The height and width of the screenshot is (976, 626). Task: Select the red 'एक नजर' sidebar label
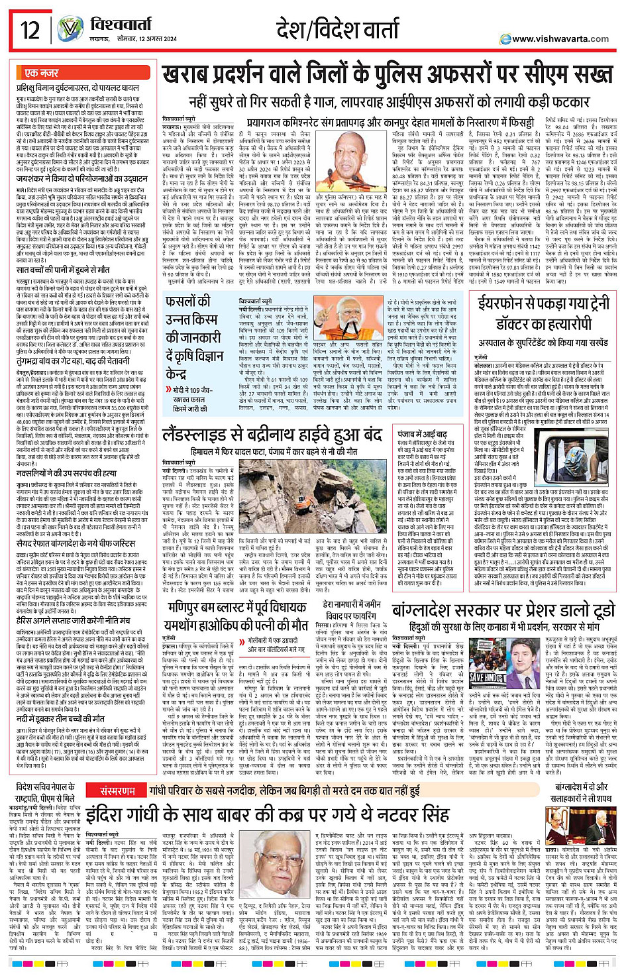click(x=42, y=72)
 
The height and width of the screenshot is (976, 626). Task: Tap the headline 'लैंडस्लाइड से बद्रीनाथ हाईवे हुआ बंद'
click(x=272, y=434)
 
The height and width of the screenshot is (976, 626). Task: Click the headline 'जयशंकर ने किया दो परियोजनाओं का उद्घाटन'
click(x=82, y=180)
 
